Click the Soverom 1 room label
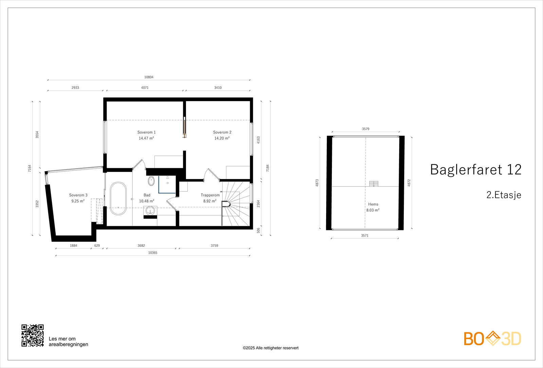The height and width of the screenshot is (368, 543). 146,132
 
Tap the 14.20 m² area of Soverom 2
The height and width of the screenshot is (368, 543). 222,138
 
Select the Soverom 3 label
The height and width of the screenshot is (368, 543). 78,195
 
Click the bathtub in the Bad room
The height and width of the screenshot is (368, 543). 118,198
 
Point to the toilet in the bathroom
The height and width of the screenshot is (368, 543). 151,181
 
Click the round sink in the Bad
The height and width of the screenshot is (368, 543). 150,210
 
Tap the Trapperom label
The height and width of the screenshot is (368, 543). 210,195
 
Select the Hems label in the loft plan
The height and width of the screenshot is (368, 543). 373,204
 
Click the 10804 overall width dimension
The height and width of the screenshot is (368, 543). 149,77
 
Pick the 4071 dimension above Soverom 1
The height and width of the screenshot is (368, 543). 145,88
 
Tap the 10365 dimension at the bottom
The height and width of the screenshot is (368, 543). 153,253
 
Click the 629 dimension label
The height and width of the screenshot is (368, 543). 97,246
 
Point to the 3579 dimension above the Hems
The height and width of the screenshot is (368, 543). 366,129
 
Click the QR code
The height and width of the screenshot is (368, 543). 33,335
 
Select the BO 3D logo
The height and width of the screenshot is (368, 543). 492,338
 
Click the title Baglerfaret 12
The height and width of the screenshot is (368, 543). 475,169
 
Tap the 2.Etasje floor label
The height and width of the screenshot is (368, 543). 504,195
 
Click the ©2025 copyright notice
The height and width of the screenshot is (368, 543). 270,348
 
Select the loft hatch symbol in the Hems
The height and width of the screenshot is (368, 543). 374,183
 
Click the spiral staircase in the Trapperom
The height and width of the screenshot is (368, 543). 236,204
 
